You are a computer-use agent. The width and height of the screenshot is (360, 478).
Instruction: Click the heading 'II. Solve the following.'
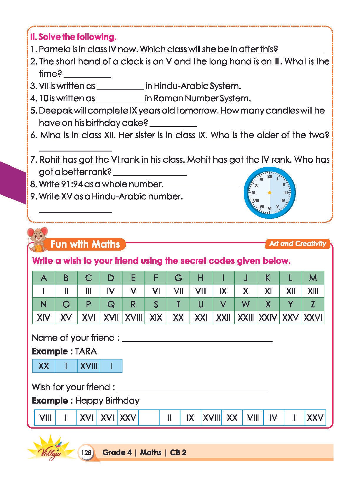(x=73, y=37)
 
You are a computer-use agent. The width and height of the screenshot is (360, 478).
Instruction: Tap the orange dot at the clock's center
(x=269, y=193)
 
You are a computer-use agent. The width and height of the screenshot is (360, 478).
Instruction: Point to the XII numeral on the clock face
(x=270, y=177)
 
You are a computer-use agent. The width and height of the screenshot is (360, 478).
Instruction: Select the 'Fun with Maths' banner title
(x=85, y=244)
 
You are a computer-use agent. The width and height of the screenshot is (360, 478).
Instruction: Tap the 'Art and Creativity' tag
(x=298, y=244)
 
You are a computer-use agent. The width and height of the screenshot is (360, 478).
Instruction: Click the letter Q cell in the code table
(x=111, y=304)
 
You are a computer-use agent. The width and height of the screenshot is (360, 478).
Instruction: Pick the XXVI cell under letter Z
(x=313, y=317)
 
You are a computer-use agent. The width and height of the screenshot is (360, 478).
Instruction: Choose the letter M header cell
(x=313, y=278)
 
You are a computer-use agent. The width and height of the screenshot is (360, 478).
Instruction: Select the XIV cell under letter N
(x=44, y=317)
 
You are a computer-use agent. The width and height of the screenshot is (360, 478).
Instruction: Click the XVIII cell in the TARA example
(x=89, y=366)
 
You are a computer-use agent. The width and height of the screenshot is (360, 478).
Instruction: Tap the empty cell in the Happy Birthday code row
(x=149, y=418)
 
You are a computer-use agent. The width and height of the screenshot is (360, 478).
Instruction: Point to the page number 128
(x=86, y=452)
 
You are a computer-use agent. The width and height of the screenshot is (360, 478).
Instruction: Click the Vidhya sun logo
(x=51, y=449)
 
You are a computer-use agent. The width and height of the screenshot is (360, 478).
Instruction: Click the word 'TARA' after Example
(x=86, y=352)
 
